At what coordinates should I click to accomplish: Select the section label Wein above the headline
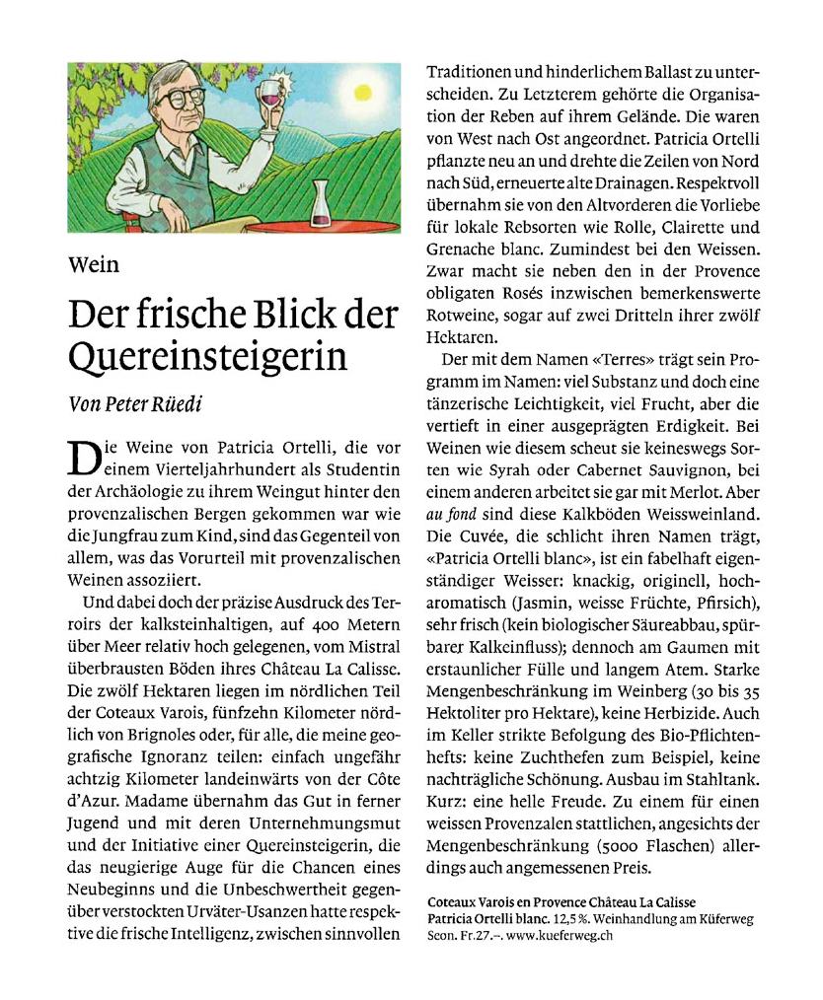[x=94, y=264]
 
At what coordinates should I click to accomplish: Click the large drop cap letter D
[x=83, y=460]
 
